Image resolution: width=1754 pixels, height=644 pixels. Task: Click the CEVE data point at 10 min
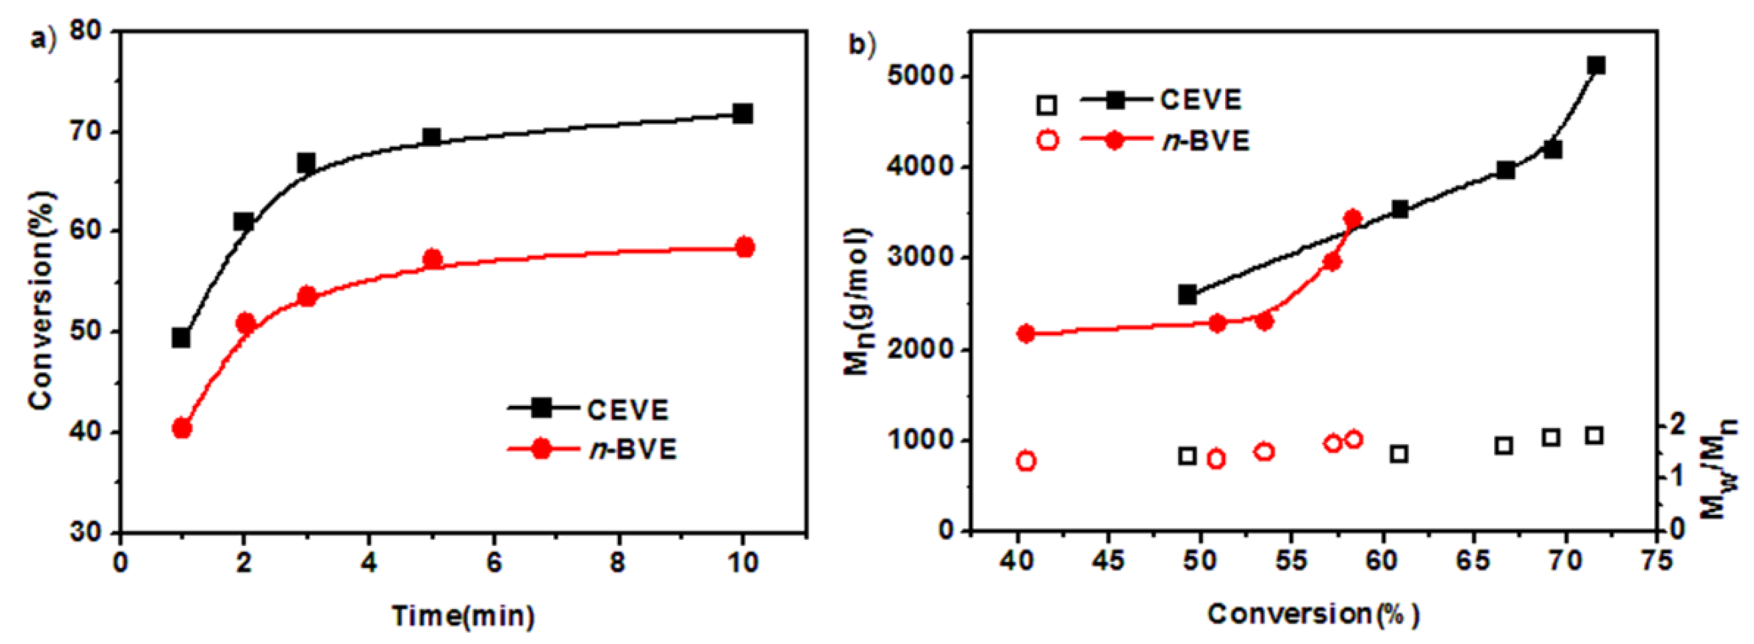742,113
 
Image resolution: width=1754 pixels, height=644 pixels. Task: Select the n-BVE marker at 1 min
182,429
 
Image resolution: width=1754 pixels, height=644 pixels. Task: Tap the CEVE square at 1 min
181,338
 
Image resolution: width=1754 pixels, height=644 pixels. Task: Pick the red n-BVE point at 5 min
432,259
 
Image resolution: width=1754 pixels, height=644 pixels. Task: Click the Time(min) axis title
463,616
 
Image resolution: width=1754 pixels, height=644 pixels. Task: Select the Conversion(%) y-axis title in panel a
42,300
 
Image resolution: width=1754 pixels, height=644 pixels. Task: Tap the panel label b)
861,45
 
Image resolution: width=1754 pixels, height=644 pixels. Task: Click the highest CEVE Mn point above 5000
1596,65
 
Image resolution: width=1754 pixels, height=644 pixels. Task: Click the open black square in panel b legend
1047,105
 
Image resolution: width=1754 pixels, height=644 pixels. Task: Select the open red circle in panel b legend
1048,141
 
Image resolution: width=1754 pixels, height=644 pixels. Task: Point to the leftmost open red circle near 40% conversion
1026,462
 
